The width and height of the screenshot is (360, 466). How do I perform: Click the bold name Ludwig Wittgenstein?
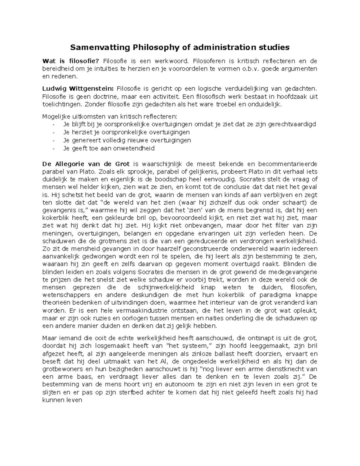coord(78,89)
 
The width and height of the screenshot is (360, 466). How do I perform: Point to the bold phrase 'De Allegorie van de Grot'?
coord(86,164)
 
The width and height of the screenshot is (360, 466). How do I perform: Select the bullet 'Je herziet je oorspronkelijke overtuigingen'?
coord(126,132)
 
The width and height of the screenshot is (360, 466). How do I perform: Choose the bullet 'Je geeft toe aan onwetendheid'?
coord(109,148)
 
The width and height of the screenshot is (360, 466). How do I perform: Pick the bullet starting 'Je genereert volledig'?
coord(127,140)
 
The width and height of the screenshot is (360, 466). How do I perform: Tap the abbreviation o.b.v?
coord(250,69)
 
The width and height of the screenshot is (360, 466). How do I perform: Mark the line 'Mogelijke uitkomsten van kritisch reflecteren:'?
coord(110,116)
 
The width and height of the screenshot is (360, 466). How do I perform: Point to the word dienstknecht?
coord(281,369)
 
